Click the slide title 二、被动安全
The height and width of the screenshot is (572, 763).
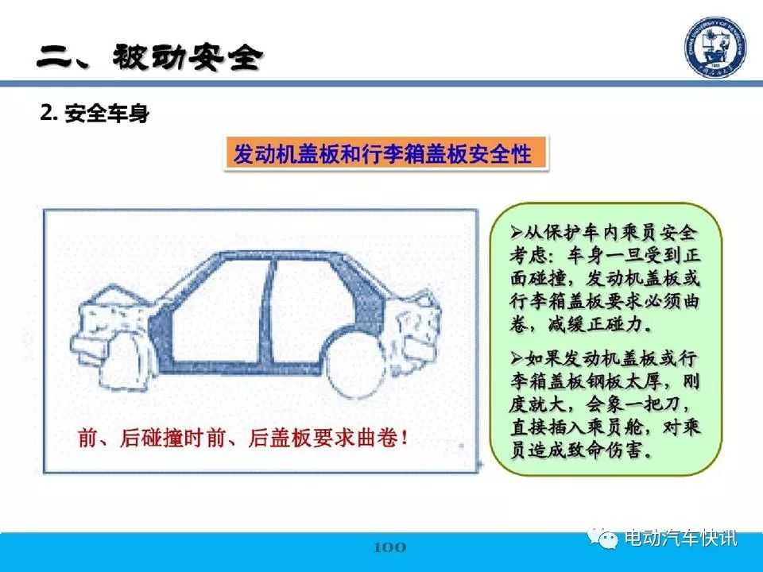(150, 58)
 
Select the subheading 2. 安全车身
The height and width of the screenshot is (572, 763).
(95, 114)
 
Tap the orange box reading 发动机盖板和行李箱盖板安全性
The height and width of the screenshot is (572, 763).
(385, 153)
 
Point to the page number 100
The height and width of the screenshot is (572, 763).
(389, 547)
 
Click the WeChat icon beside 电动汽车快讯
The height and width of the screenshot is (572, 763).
(602, 538)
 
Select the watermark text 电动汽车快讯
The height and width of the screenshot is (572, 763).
(680, 538)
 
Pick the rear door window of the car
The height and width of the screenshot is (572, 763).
(312, 304)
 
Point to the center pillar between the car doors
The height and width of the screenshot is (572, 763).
(267, 311)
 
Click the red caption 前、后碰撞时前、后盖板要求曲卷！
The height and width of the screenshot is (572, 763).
(243, 439)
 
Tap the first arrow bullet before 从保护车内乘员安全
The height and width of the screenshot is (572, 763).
(517, 232)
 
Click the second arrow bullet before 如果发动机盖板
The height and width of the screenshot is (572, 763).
(517, 359)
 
